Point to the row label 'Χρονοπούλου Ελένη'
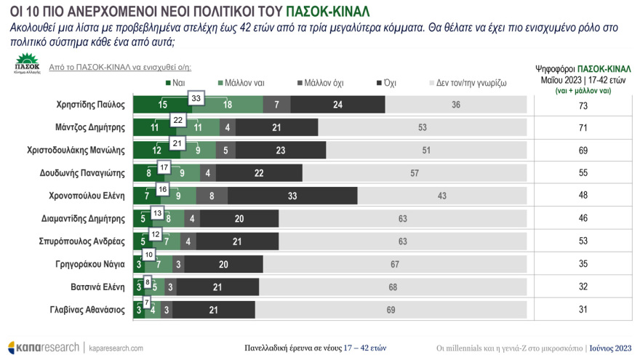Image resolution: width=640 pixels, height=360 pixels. tap(92, 196)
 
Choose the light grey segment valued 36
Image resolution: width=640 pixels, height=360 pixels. tap(455, 105)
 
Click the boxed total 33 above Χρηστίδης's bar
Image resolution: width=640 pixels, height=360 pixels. tap(196, 98)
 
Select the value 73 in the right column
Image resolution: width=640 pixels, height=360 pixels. tap(582, 105)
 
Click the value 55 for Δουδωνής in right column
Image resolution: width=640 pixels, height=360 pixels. tap(582, 173)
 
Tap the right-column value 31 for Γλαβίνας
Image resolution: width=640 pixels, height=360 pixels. tap(582, 311)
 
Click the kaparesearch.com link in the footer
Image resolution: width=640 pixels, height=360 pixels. tap(116, 348)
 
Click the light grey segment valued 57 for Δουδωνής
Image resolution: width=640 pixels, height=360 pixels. tap(415, 173)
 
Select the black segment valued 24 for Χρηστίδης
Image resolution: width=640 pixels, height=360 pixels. tap(337, 105)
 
